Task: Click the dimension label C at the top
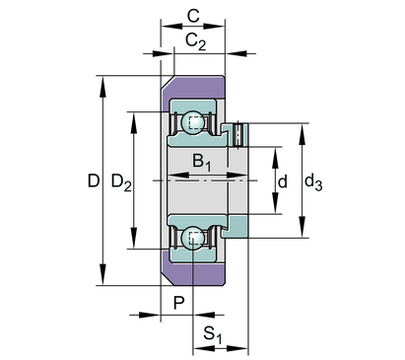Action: (x=193, y=16)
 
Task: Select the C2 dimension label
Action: (x=196, y=41)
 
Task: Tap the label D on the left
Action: (x=94, y=180)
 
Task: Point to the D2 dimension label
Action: (x=121, y=181)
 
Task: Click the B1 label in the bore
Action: (x=201, y=163)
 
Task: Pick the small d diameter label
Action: (x=282, y=181)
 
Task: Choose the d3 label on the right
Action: (x=313, y=182)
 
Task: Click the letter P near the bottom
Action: (x=178, y=303)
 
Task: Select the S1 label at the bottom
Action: (x=213, y=334)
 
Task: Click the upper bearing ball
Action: (x=193, y=122)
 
